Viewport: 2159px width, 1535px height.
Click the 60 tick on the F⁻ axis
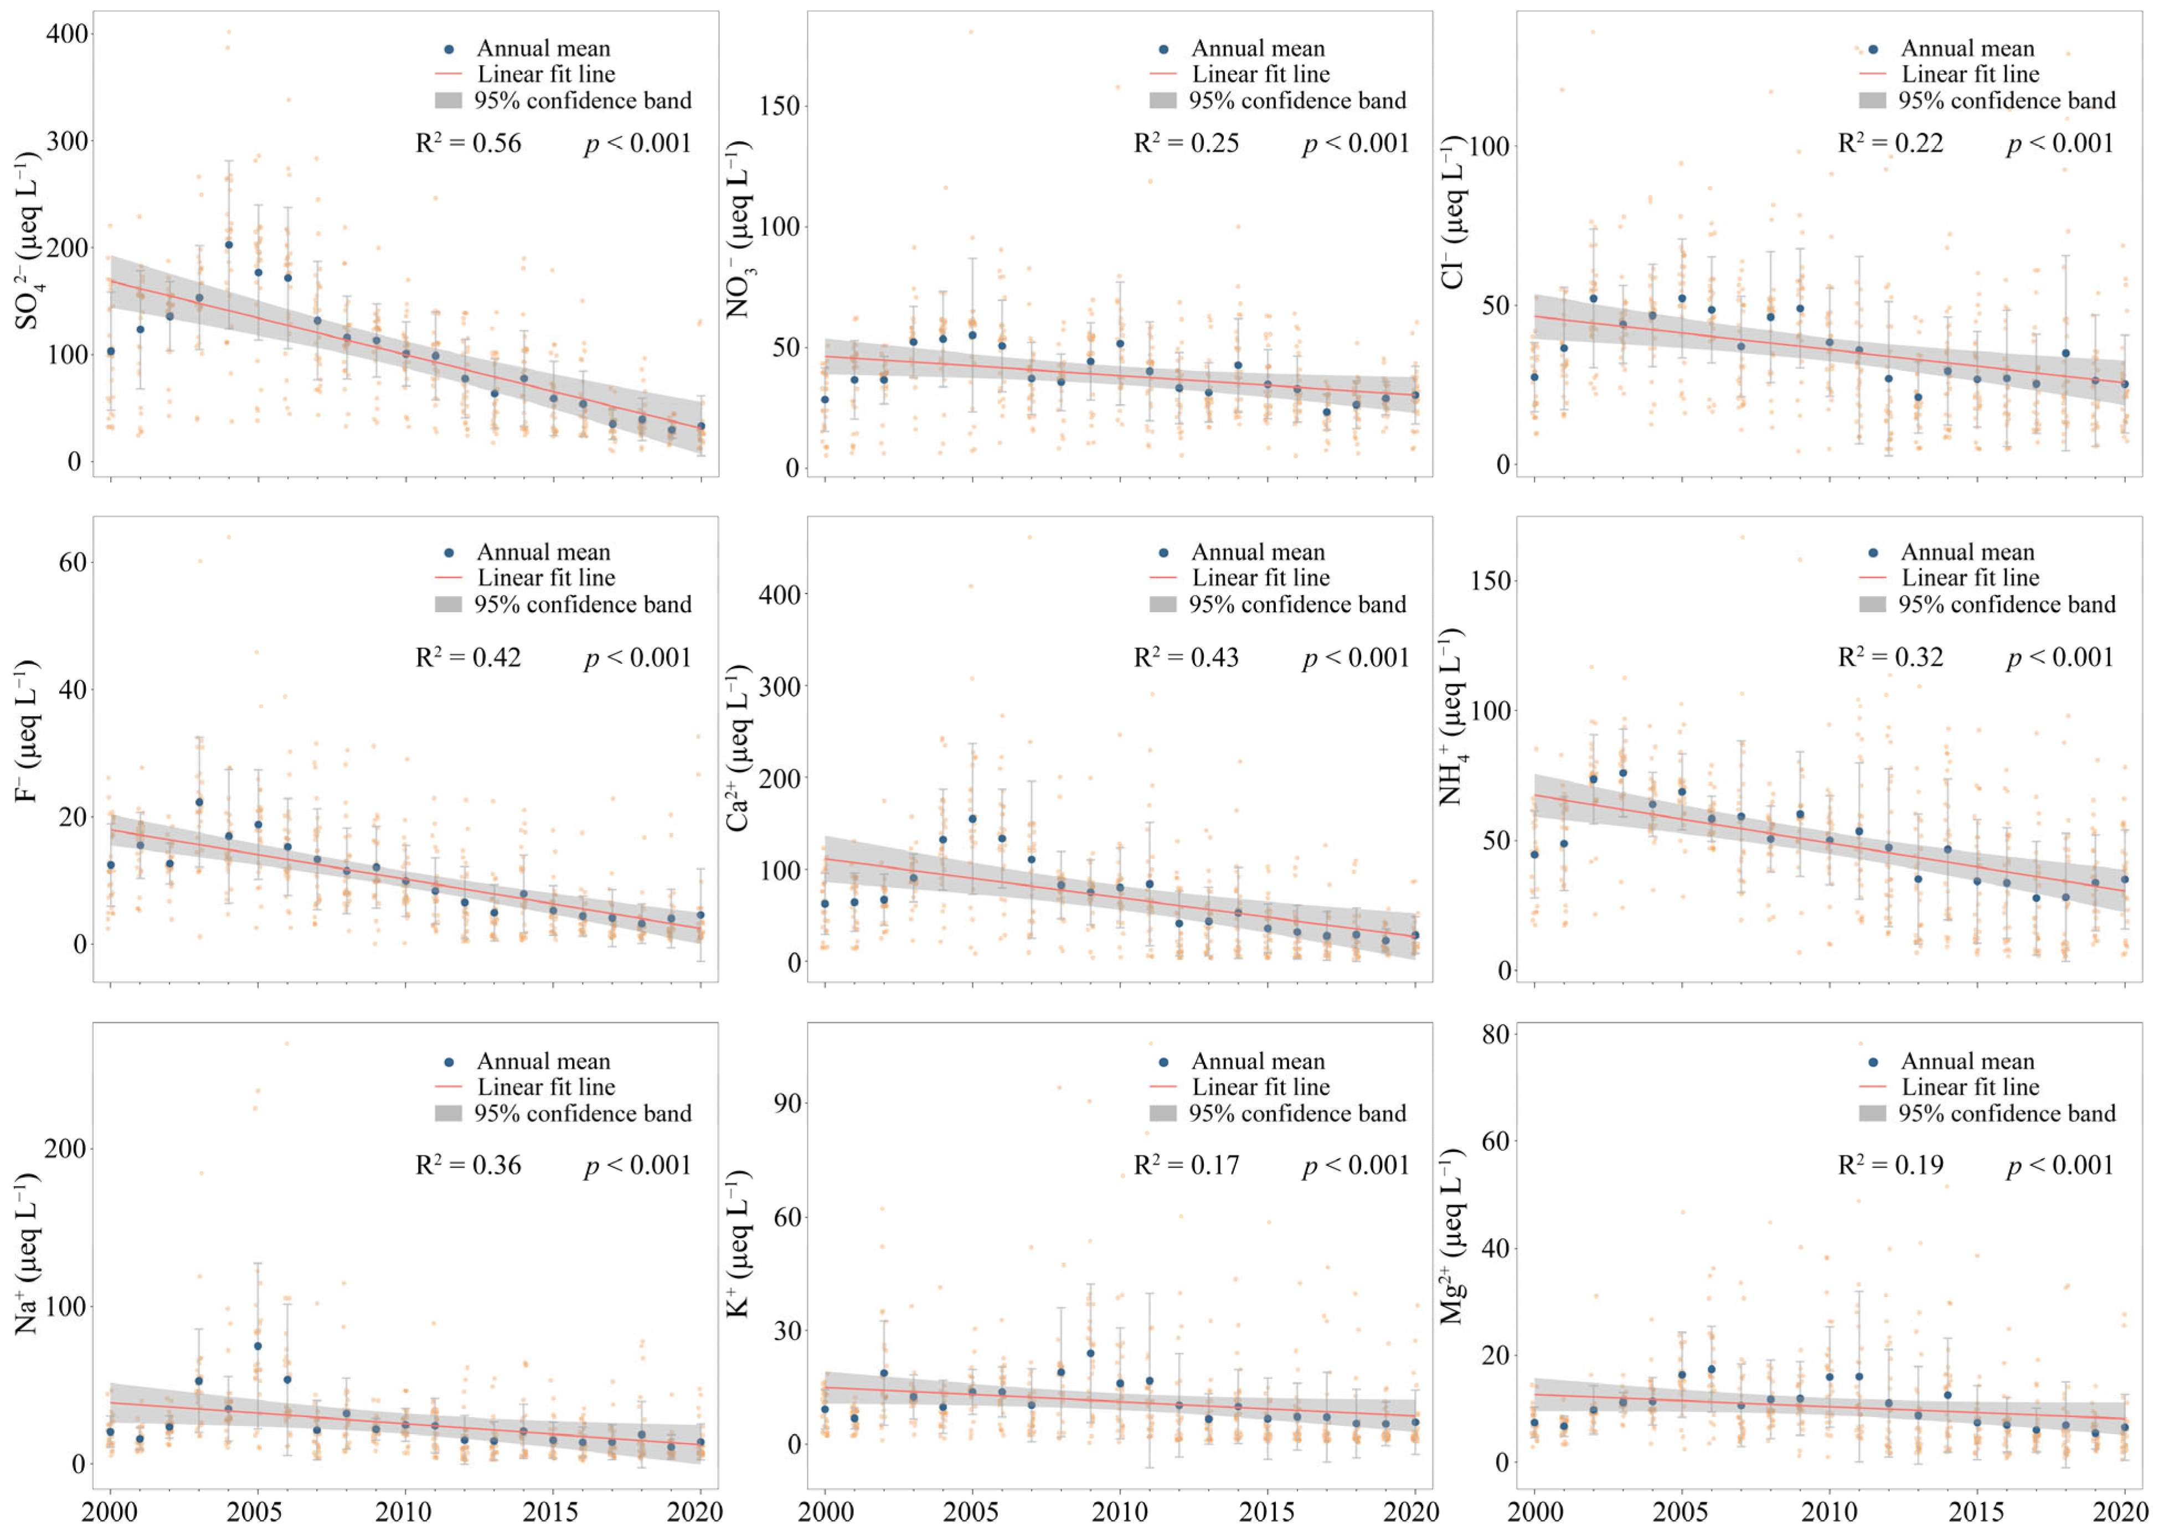click(x=73, y=562)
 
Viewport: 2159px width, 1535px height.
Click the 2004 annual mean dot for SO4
click(x=229, y=245)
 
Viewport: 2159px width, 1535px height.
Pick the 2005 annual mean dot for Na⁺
click(x=258, y=1346)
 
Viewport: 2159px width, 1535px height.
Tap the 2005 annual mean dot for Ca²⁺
click(x=973, y=819)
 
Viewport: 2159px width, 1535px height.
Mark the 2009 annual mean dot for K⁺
click(x=1090, y=1352)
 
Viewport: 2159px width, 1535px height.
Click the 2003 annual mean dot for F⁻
click(x=199, y=803)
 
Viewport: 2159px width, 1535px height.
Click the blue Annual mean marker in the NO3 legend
click(x=1163, y=48)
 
